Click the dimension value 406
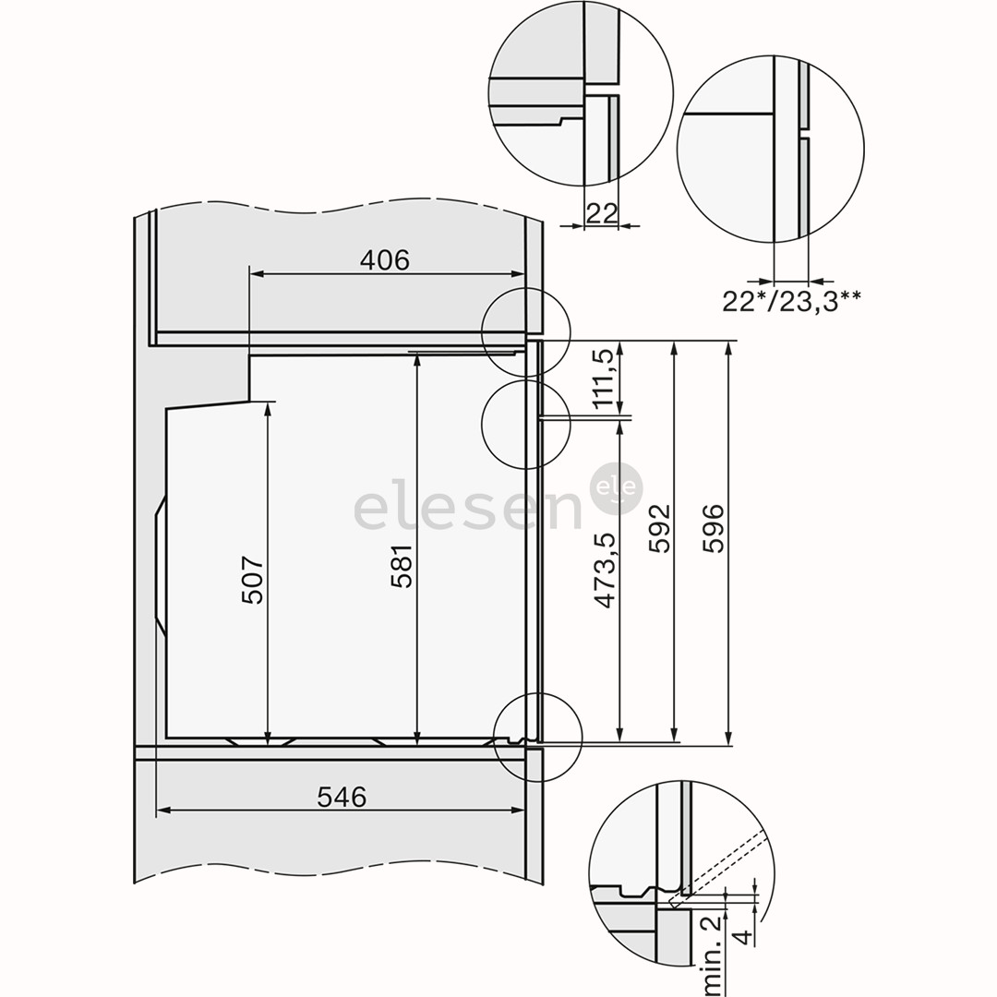(384, 260)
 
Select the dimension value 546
(342, 797)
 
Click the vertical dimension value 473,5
(606, 569)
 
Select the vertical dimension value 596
(715, 528)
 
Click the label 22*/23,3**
(793, 301)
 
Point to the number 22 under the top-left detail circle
(601, 213)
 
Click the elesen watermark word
(466, 511)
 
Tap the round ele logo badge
(617, 487)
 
